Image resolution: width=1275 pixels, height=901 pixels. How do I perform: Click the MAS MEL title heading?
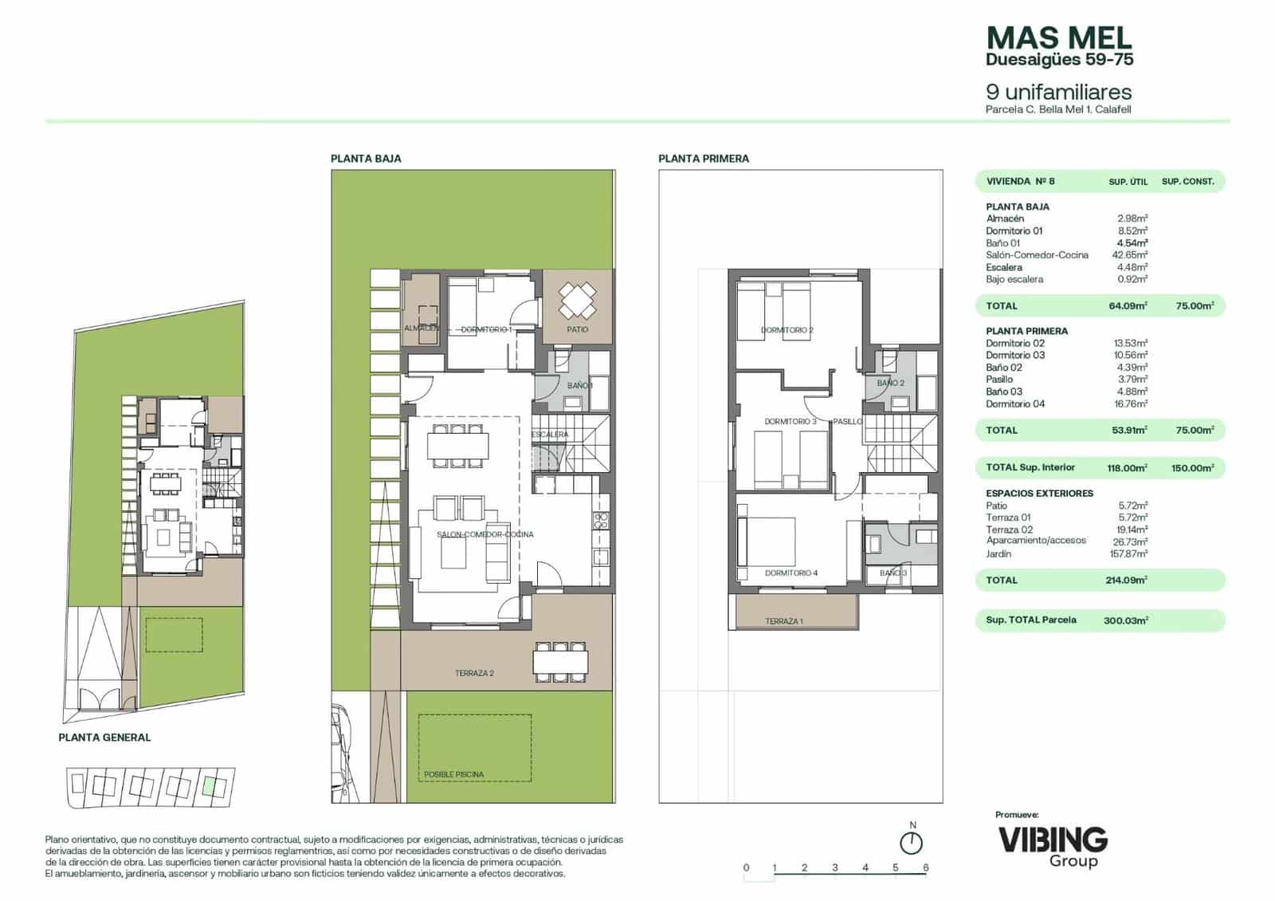tap(1058, 37)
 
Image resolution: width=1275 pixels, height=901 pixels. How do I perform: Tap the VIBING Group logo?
tap(1052, 845)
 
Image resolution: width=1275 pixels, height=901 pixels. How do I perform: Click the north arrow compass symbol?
tap(911, 842)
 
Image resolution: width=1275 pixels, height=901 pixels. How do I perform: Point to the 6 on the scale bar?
tap(925, 868)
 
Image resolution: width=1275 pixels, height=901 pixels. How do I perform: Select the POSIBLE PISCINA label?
tap(453, 774)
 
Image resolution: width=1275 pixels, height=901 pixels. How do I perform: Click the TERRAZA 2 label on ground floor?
tap(474, 673)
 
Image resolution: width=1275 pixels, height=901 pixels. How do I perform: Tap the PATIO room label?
tap(578, 329)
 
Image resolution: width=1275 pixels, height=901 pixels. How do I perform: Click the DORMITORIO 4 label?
tap(790, 572)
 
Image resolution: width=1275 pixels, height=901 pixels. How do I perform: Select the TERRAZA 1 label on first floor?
tap(784, 621)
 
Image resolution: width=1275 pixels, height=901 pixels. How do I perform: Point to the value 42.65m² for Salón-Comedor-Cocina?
tap(1130, 255)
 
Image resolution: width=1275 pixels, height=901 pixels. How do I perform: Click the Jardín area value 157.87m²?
tap(1130, 553)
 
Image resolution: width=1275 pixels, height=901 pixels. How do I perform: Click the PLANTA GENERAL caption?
tap(104, 738)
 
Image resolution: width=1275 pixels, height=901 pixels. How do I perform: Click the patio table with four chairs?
tap(577, 301)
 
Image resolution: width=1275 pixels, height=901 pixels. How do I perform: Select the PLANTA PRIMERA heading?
tap(703, 159)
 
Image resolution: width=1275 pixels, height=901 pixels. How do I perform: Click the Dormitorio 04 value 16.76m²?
tap(1130, 403)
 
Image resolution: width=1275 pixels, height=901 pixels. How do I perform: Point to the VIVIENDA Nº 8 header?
tap(1020, 181)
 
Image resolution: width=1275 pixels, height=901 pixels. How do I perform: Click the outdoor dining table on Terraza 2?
tap(561, 661)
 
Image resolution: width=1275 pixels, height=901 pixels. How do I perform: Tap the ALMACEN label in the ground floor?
tap(421, 329)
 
